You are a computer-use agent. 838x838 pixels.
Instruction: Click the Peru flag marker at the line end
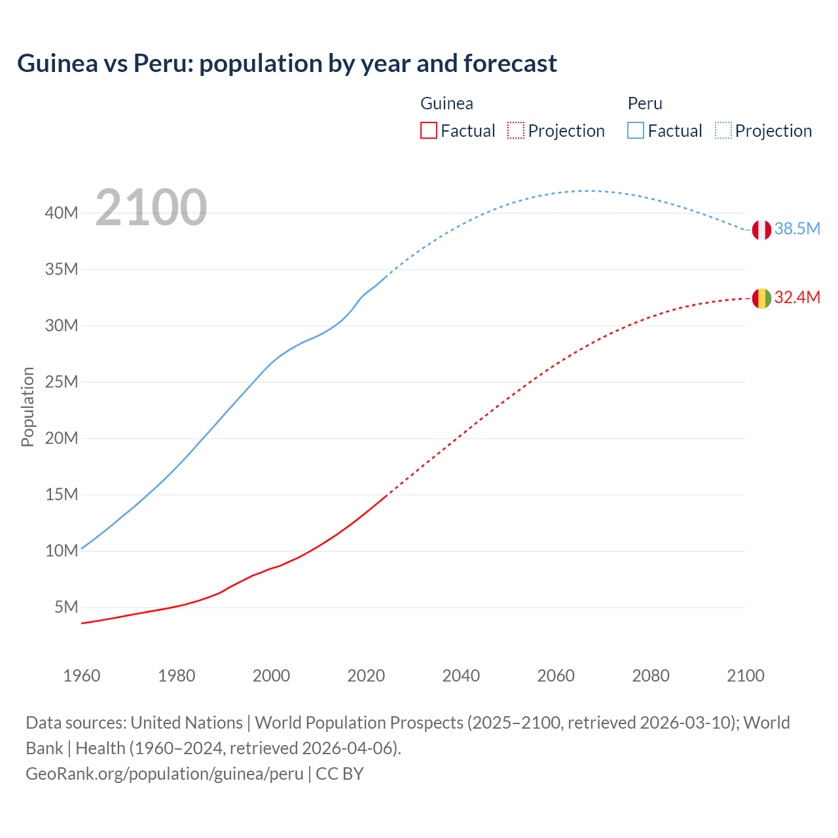tap(761, 230)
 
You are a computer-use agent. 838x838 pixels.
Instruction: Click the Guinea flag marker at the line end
tap(761, 299)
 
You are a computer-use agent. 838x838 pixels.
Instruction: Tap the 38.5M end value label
tap(797, 228)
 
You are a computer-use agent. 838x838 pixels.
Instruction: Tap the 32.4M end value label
tap(797, 297)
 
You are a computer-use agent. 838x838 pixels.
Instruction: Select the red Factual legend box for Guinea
tap(428, 130)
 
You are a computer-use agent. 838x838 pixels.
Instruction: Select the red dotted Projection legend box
tap(516, 130)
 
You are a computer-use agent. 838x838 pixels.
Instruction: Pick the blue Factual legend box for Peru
tap(635, 130)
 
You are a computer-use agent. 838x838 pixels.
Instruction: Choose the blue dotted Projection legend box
tap(723, 130)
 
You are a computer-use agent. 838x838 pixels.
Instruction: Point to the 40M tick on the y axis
tap(62, 213)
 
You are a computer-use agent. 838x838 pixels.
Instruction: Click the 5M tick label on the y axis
tap(66, 607)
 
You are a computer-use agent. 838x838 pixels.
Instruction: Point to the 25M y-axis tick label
tap(62, 382)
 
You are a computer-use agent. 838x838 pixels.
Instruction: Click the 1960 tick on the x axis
tap(82, 676)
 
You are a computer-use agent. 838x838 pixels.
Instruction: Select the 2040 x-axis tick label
tap(461, 676)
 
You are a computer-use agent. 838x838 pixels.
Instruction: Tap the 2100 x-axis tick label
tap(745, 676)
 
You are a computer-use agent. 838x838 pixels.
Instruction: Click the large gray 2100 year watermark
tap(151, 208)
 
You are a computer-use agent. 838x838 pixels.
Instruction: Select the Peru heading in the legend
tap(645, 103)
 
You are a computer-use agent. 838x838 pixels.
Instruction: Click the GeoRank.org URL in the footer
tap(164, 773)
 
